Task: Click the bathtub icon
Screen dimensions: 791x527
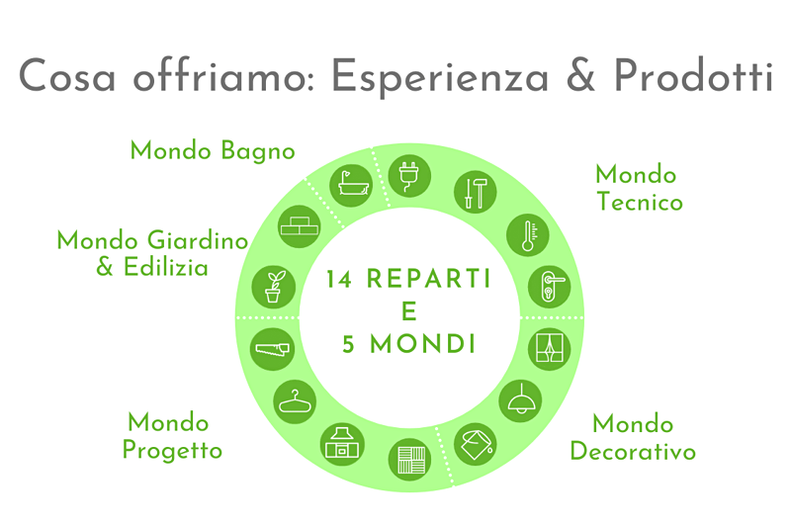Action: point(351,186)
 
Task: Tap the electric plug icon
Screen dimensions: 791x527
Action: point(409,175)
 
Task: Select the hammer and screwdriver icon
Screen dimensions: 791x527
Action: point(475,192)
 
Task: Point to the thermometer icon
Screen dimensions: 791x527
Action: point(528,235)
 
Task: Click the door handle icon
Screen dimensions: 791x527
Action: point(550,287)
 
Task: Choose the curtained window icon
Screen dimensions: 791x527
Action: point(550,349)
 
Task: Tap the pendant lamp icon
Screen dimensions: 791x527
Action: point(520,400)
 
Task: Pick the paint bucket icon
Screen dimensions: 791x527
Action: point(475,444)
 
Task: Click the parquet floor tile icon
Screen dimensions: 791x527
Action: point(409,460)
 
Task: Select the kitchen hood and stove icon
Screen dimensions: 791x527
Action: point(342,444)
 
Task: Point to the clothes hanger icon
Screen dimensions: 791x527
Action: point(295,402)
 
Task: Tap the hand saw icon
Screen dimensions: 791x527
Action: point(273,349)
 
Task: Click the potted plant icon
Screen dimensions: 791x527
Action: point(274,287)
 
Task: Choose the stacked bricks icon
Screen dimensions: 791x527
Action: point(300,226)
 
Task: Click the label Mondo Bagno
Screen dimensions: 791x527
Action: point(213,151)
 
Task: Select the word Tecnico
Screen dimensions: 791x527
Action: point(640,202)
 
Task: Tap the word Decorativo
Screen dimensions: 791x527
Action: point(633,451)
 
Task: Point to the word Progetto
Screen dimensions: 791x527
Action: point(172,450)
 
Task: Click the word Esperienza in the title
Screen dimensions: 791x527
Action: point(439,77)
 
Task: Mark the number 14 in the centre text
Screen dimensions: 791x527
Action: point(339,279)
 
